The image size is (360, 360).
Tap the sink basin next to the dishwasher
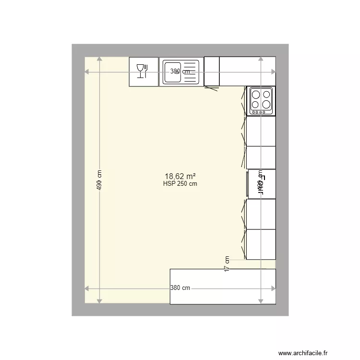pos(172,72)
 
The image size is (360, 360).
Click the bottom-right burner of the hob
pos(266,104)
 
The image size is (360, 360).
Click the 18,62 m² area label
pos(180,176)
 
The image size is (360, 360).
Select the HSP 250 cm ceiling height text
pos(180,183)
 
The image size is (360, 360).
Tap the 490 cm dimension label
pos(99,180)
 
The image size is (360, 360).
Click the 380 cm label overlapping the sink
pos(180,72)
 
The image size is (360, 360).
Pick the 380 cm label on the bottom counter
pos(180,288)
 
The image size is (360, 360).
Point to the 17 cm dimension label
pos(227,264)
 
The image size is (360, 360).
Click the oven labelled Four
pos(262,184)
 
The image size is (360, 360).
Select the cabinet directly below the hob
pos(261,131)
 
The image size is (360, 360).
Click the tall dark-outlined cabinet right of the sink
pos(212,72)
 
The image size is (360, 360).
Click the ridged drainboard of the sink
pos(190,72)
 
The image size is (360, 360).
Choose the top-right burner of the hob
pos(266,95)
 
